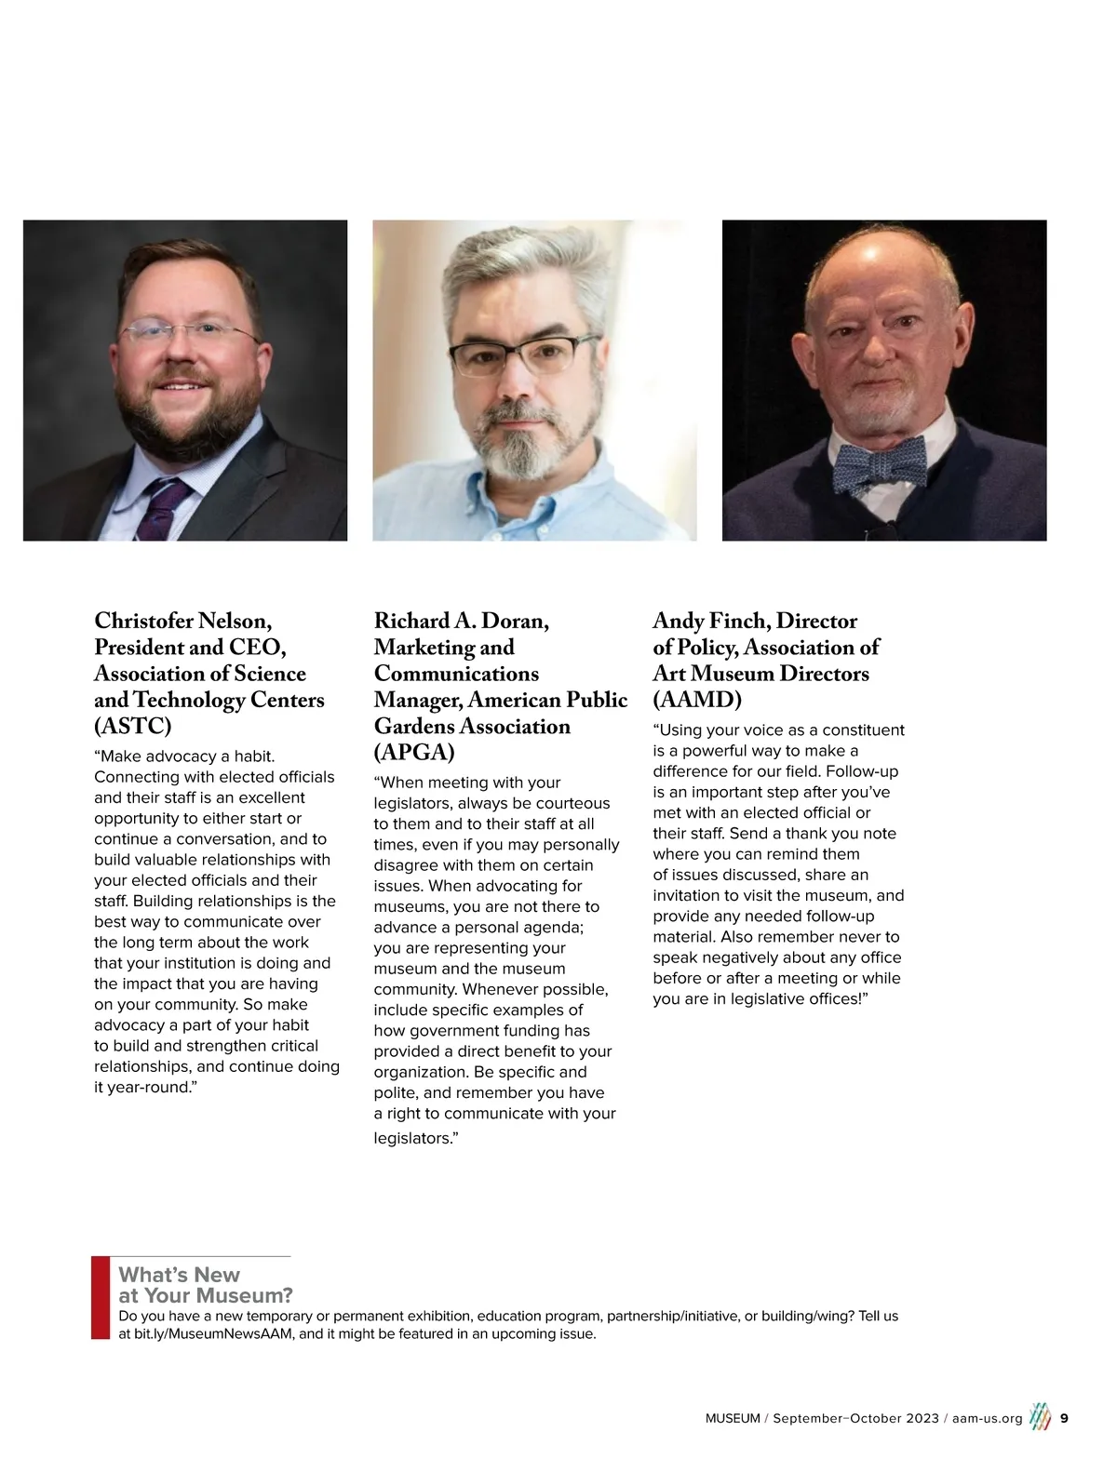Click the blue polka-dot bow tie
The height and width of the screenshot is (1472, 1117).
click(880, 463)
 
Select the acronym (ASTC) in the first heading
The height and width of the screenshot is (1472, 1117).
click(133, 726)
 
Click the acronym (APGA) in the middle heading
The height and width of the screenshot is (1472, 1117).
click(414, 752)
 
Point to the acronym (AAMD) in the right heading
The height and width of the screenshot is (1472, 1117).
click(697, 699)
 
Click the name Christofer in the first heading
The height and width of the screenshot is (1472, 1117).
click(143, 621)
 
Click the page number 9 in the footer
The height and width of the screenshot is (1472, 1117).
click(1064, 1418)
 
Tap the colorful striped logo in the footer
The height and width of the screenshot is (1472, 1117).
click(1040, 1417)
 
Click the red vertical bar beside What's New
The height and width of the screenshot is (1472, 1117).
click(100, 1297)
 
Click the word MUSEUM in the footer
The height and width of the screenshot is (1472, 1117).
click(733, 1418)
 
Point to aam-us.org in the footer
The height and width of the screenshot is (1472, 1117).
click(987, 1418)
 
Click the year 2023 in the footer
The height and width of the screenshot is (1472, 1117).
click(921, 1418)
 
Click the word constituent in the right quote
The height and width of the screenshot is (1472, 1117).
click(863, 730)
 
